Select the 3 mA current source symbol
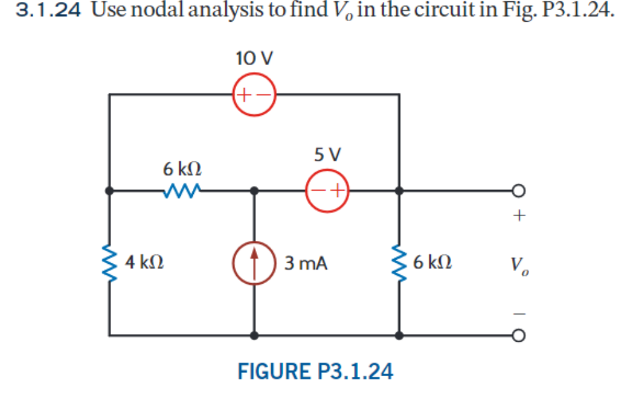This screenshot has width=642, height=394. click(x=255, y=262)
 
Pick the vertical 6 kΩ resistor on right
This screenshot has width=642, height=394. click(x=399, y=262)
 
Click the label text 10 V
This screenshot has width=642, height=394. click(x=254, y=59)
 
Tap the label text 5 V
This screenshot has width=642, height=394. click(x=328, y=154)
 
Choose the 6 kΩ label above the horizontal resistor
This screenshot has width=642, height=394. click(x=183, y=169)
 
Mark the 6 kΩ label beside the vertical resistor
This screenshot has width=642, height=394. click(x=433, y=262)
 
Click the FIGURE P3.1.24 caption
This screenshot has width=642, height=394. click(x=315, y=370)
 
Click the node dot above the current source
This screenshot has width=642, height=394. click(x=255, y=190)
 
